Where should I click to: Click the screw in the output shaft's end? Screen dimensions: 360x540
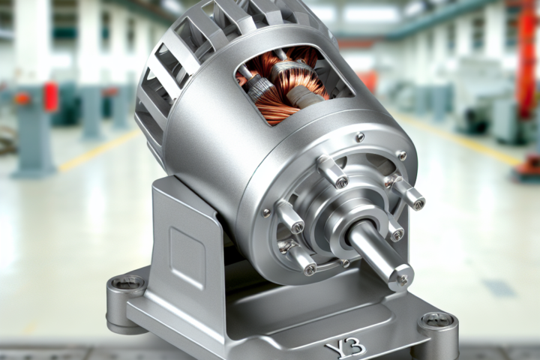402,278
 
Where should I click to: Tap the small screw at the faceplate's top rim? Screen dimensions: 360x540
360,136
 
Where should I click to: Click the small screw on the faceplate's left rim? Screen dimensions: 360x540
266,212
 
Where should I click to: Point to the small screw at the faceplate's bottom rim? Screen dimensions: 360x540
345,263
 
